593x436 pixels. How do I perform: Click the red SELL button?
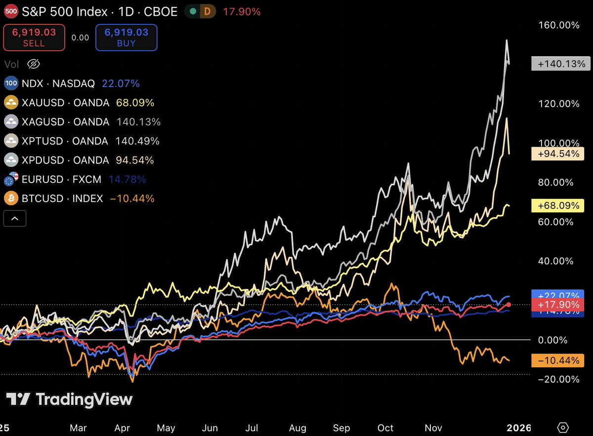tap(34, 38)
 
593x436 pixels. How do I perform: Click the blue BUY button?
tap(126, 38)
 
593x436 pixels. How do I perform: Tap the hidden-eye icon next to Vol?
tap(33, 64)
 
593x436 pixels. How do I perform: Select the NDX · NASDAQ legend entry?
tap(58, 83)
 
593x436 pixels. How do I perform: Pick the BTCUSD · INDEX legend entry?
tap(61, 198)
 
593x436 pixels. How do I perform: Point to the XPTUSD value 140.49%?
tap(137, 141)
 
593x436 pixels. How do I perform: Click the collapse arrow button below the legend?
tap(15, 218)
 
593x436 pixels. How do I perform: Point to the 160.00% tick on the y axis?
tap(559, 25)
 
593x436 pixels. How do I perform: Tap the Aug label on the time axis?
tap(298, 427)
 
